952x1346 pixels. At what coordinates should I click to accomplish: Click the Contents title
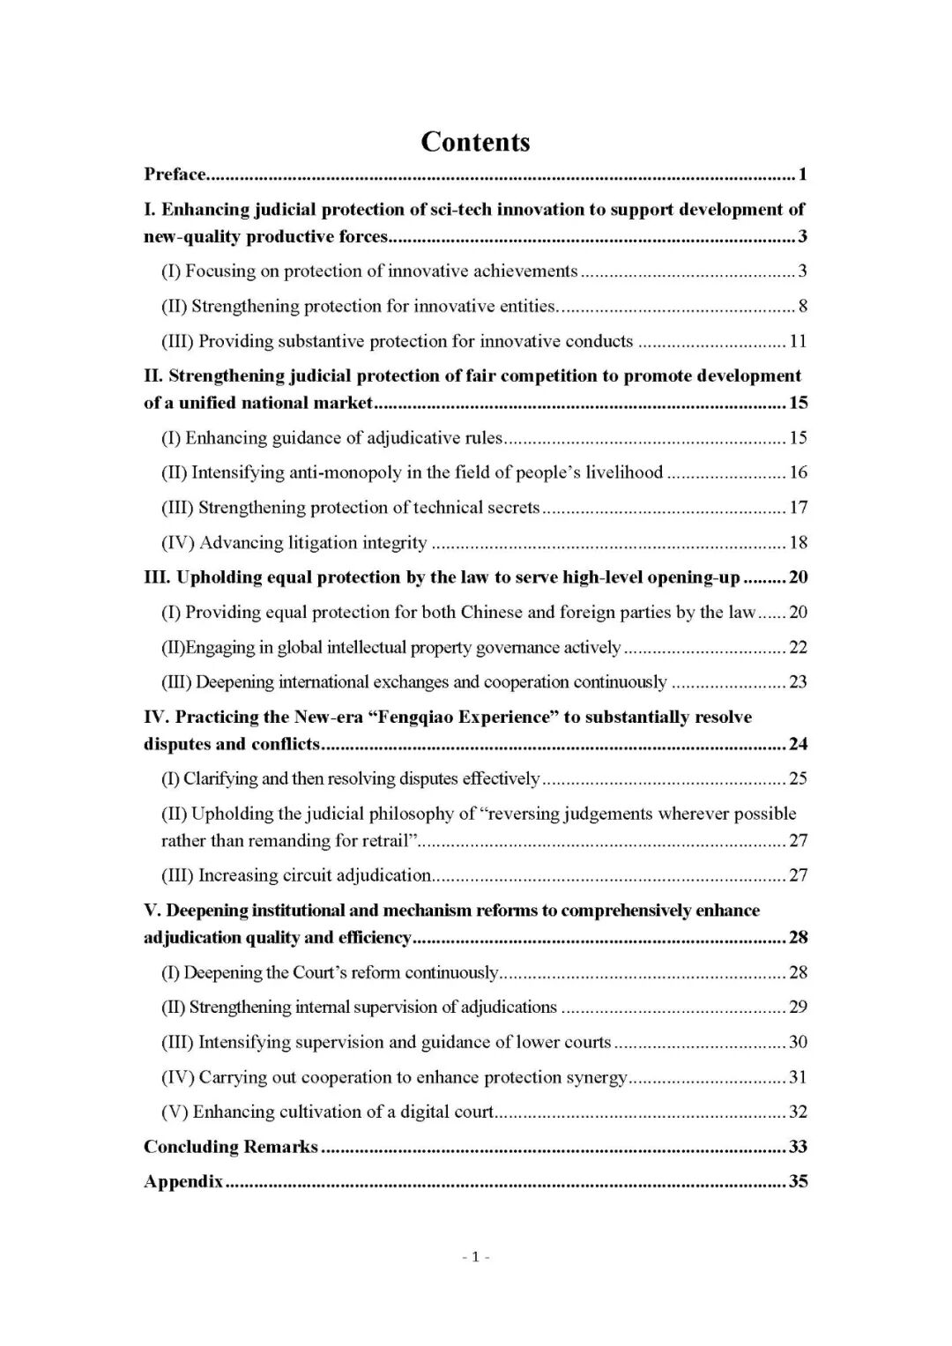[x=475, y=142]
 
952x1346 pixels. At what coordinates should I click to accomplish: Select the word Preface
[x=175, y=175]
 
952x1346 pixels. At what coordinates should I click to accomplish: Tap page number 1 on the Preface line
[x=802, y=175]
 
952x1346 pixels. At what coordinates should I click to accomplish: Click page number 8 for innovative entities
[x=802, y=307]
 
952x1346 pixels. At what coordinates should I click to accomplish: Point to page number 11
[x=798, y=341]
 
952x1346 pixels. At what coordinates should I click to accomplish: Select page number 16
[x=798, y=472]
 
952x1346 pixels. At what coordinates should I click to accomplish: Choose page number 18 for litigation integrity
[x=798, y=543]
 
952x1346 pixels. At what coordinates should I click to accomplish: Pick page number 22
[x=798, y=647]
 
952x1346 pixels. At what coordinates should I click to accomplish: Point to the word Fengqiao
[x=410, y=718]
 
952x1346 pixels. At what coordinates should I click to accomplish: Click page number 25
[x=798, y=778]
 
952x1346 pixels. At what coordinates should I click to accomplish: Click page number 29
[x=798, y=1007]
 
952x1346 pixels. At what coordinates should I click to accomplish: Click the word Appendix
[x=183, y=1182]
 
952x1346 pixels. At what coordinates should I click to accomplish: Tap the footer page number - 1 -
[x=475, y=1257]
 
